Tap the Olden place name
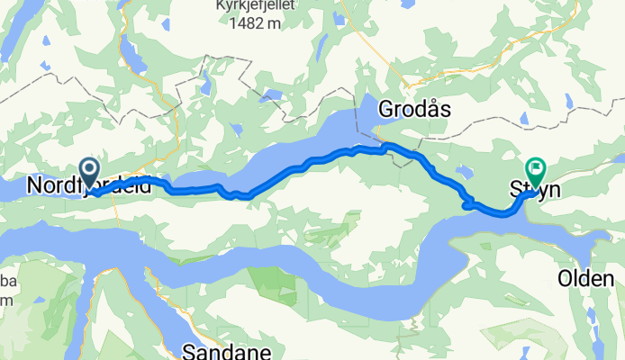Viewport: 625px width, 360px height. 584,279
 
